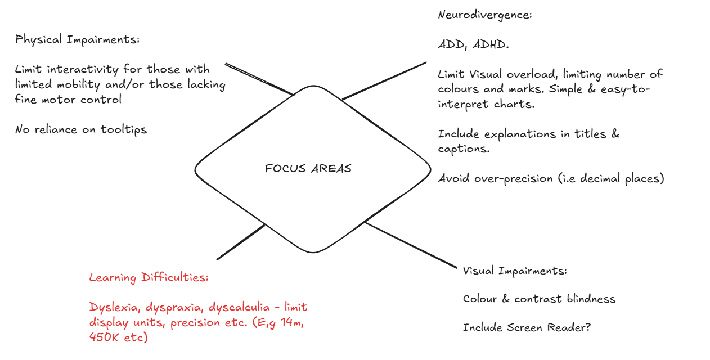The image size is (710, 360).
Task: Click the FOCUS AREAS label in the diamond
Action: point(308,169)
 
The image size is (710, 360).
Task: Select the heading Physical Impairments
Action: point(78,40)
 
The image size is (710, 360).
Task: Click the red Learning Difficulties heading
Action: point(149,277)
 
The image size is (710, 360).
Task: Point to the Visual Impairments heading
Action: point(515,271)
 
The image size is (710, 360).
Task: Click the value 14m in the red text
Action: point(290,323)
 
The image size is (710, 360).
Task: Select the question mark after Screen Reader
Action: point(588,327)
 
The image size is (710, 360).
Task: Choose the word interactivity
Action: point(84,70)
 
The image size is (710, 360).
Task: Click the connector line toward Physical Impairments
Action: point(259,79)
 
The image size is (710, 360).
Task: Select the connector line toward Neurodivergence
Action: point(384,80)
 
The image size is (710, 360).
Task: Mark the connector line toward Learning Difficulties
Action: point(241,242)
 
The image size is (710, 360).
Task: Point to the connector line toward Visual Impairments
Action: point(411,245)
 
